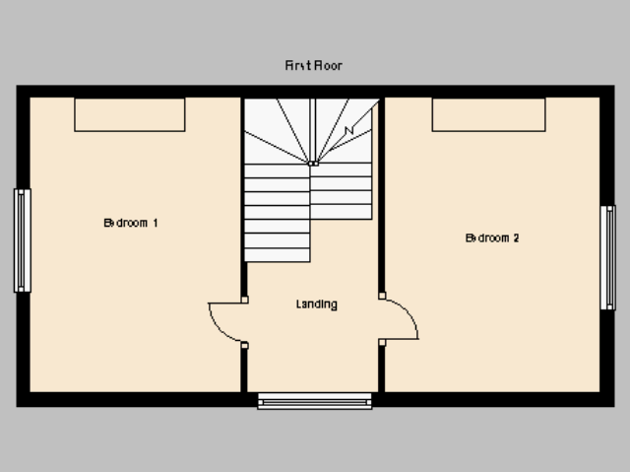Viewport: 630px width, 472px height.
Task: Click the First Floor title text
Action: tap(314, 66)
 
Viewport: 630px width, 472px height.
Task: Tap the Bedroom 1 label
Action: tap(131, 223)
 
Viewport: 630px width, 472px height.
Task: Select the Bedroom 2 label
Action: tap(492, 238)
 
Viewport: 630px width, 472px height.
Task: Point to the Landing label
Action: tap(317, 304)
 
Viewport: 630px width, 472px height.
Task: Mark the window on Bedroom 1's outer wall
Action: tap(22, 240)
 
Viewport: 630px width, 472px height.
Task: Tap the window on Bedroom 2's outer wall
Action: tap(608, 258)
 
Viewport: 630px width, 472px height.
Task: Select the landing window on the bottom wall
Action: tap(315, 402)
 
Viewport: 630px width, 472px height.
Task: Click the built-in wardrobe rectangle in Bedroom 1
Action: tap(130, 114)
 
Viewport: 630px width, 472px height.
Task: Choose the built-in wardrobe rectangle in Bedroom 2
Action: tap(488, 114)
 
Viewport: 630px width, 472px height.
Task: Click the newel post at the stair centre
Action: tap(313, 164)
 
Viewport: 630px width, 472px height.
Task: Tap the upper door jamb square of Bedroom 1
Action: tap(245, 300)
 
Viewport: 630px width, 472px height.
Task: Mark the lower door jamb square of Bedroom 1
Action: tap(245, 345)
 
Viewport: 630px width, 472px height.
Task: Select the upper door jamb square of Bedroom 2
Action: tap(382, 296)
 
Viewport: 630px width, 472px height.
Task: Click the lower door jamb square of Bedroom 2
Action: tap(382, 343)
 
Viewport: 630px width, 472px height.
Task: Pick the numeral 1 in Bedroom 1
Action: tap(156, 223)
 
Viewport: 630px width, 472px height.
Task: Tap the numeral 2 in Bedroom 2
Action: tap(516, 238)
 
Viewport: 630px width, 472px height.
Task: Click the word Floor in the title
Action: tap(328, 66)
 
